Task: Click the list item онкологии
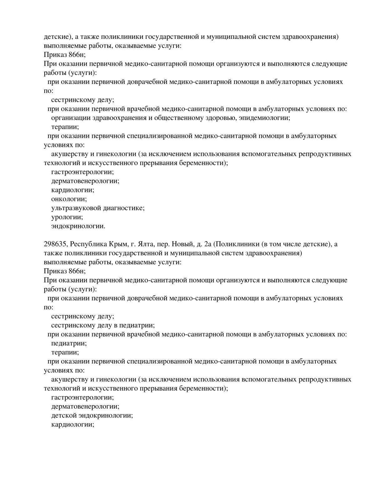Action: tap(69, 199)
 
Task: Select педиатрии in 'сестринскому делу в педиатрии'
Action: tap(138, 325)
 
